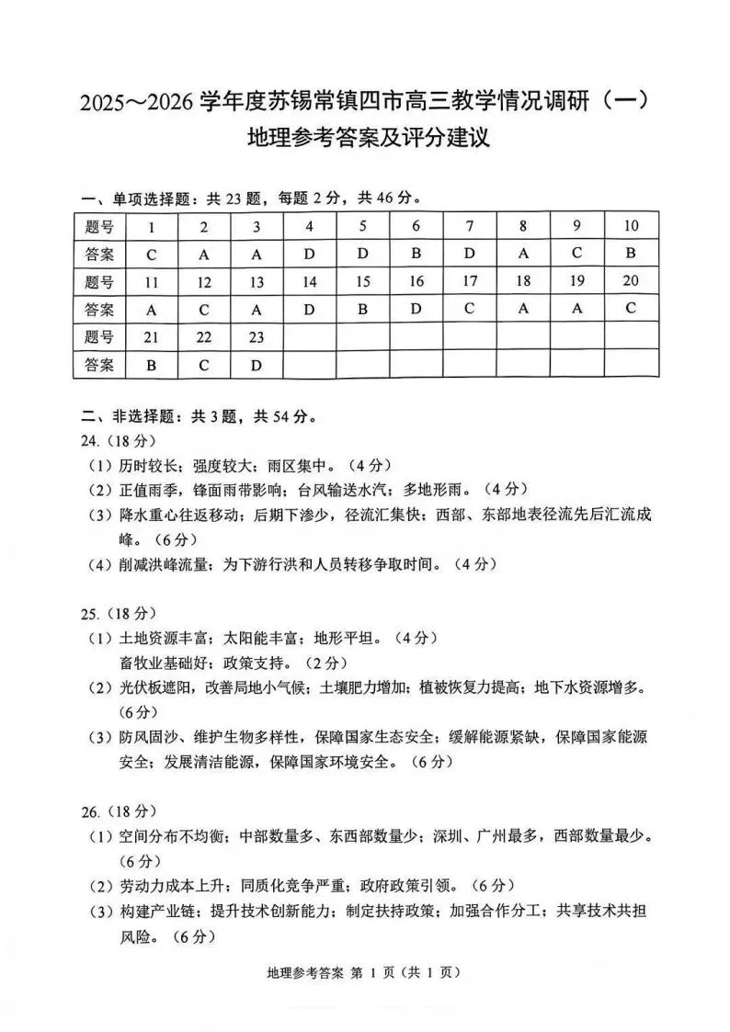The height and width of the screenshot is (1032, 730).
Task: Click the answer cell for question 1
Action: [x=151, y=255]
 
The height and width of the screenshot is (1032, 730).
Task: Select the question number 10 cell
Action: [x=631, y=226]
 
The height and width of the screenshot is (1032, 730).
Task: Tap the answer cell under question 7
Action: [x=470, y=254]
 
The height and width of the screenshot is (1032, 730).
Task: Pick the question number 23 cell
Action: [x=257, y=337]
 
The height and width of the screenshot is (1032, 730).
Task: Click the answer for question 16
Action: [x=416, y=309]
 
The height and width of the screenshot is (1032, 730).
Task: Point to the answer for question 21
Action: [x=151, y=365]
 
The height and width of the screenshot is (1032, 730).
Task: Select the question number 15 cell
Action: [x=363, y=282]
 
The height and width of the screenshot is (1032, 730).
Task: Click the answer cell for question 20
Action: [x=631, y=309]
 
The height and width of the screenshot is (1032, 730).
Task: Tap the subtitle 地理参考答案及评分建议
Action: [x=366, y=141]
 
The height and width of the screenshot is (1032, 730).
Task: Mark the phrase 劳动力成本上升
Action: [x=169, y=886]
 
